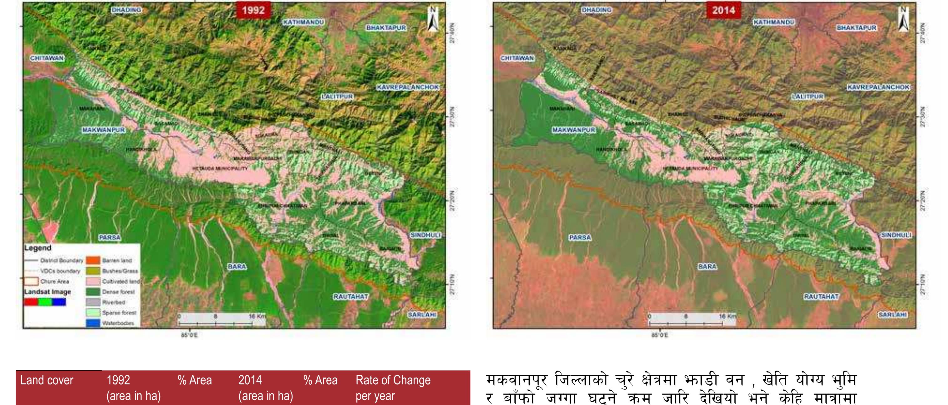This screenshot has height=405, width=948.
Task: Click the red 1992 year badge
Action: [253, 10]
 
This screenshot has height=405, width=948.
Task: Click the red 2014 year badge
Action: [723, 10]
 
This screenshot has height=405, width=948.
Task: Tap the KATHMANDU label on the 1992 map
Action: [303, 22]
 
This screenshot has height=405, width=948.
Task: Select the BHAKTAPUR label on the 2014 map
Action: [856, 27]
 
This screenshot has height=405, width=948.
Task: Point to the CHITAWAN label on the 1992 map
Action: [47, 58]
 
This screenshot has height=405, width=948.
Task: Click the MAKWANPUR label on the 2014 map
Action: [574, 130]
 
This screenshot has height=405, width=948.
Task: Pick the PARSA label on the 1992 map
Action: [110, 237]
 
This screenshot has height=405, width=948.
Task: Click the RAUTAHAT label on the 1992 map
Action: [351, 296]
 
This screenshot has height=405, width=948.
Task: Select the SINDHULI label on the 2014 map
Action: [896, 235]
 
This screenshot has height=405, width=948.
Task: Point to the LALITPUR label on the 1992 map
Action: [337, 96]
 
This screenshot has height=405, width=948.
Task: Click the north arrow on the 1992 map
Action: [433, 19]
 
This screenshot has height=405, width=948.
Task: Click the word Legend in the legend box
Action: [38, 248]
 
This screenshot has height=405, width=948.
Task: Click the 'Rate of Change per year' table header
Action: [393, 388]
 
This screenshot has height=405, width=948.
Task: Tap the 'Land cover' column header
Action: [47, 380]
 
